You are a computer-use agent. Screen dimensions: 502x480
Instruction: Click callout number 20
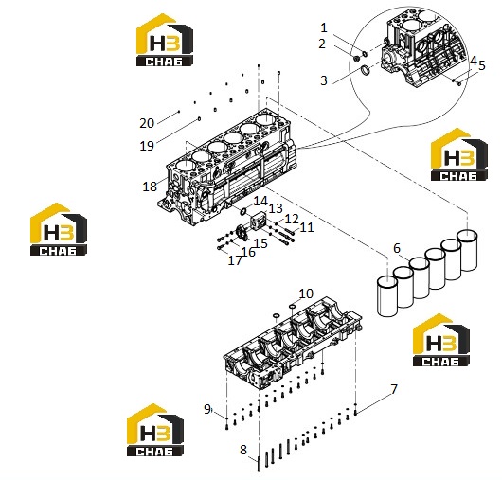tap(147, 123)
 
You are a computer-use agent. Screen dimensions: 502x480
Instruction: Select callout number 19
tap(147, 146)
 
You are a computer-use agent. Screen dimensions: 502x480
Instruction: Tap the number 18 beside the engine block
tap(150, 187)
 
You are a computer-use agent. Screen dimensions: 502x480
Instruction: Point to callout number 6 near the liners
tap(397, 248)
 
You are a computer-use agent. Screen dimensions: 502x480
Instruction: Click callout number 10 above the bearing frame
tap(306, 293)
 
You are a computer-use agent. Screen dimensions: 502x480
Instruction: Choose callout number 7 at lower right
tap(394, 389)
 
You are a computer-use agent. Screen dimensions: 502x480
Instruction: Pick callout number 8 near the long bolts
tap(243, 450)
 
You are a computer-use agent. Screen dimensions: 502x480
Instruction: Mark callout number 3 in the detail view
tap(324, 80)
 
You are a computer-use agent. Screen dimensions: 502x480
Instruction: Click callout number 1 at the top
tap(324, 27)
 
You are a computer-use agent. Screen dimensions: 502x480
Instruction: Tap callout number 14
tap(260, 201)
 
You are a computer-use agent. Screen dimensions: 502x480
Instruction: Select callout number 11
tap(307, 227)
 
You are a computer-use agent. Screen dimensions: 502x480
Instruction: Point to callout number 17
tap(235, 260)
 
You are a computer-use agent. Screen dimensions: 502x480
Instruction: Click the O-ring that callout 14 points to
tap(243, 211)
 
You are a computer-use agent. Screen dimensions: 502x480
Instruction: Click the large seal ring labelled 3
tap(365, 71)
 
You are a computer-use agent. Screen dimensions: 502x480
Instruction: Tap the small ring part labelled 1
tap(365, 53)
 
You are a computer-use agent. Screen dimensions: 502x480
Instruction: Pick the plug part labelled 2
tap(356, 59)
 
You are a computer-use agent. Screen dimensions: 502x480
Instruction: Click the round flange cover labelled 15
tap(242, 233)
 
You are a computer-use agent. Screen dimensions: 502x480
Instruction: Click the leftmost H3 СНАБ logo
tap(59, 229)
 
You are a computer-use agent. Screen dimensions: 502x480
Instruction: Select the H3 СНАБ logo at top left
tap(165, 40)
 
